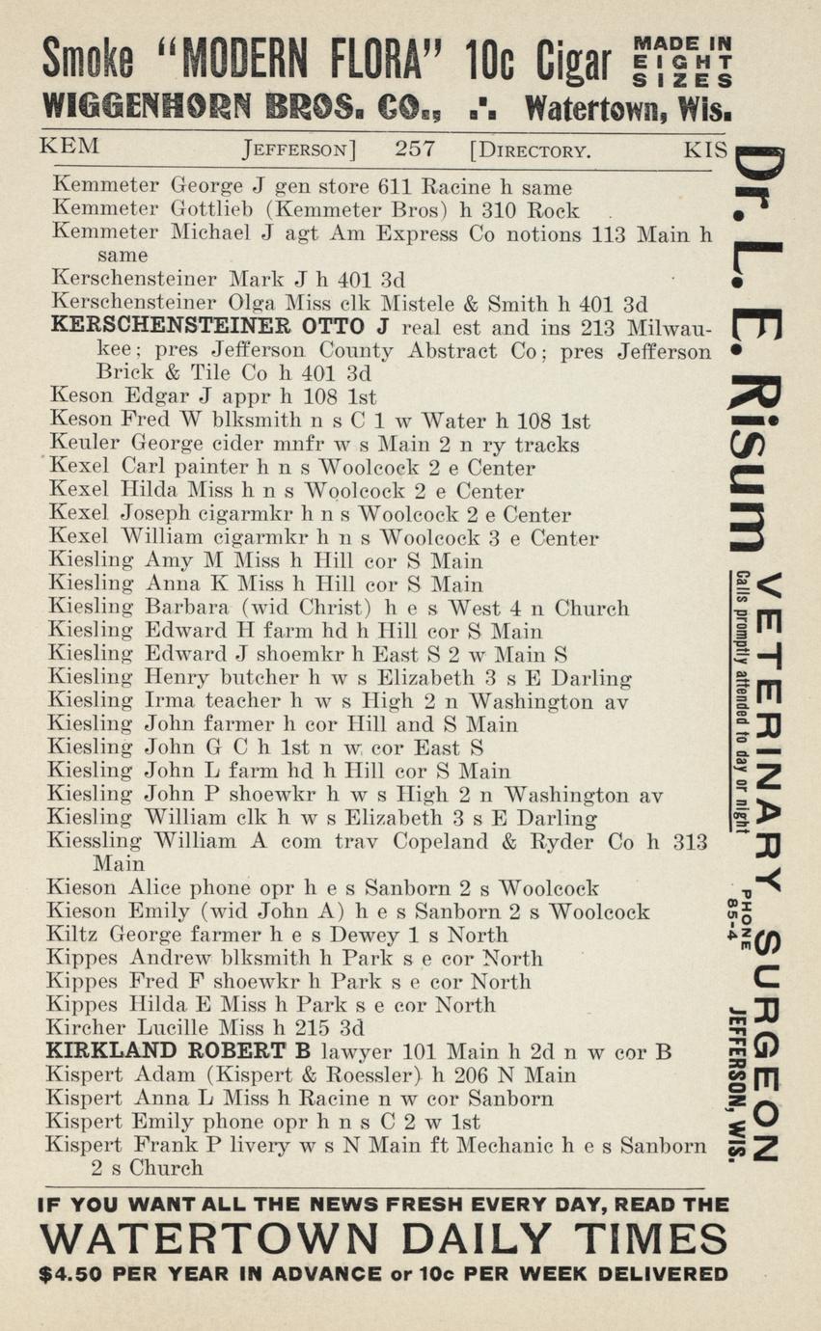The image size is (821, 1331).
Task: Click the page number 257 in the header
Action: coord(414,149)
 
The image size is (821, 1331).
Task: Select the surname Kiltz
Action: coord(73,935)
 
